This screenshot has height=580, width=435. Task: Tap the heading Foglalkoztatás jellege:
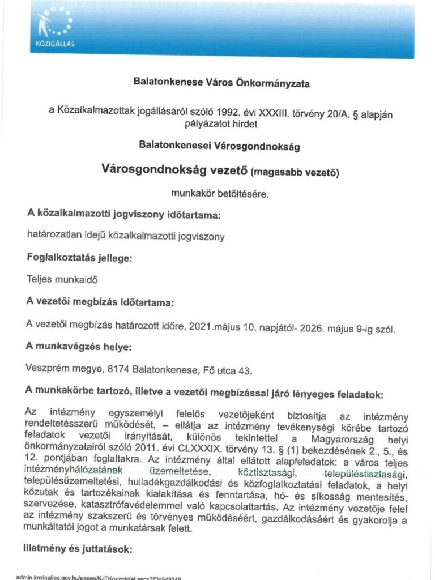point(79,258)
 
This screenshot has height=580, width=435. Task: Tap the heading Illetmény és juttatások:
point(79,549)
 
